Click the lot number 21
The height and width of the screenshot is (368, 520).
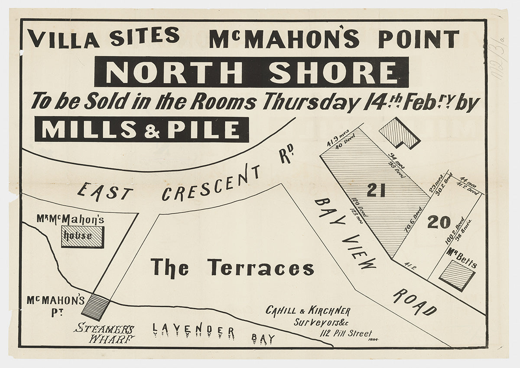point(376,190)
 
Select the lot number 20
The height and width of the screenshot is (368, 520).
point(439,222)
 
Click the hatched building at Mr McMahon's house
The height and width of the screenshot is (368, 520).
point(82,237)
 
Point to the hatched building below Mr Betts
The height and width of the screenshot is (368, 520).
point(457,276)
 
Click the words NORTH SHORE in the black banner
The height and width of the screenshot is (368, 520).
point(251,72)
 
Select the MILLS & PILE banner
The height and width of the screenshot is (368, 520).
point(142,130)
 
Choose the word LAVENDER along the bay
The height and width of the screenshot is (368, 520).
point(193,331)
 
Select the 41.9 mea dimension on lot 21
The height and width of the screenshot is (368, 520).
point(335,140)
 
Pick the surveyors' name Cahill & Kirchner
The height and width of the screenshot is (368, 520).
point(308,311)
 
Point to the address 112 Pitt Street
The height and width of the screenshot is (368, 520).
point(346,333)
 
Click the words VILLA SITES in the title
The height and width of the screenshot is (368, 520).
point(104,38)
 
